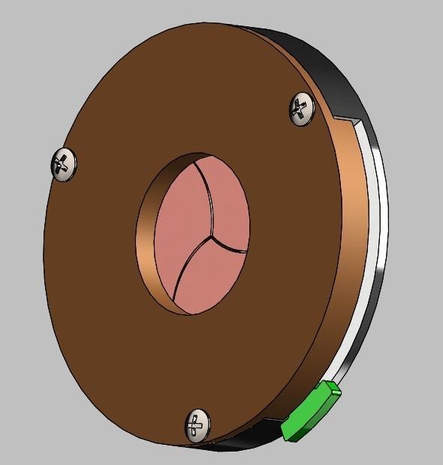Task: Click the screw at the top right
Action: (301, 109)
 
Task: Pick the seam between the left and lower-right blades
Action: (188, 270)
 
